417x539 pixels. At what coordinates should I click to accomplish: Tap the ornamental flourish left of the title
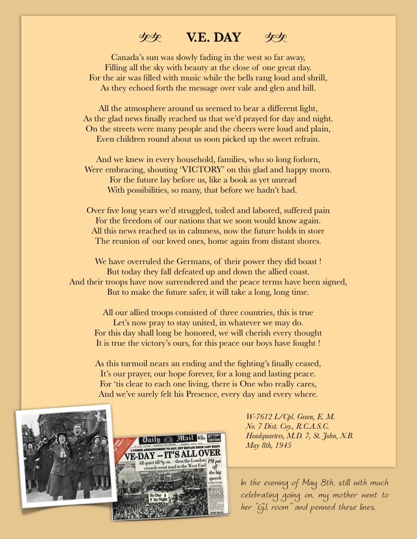click(151, 37)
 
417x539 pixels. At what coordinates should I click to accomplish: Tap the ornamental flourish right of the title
click(276, 37)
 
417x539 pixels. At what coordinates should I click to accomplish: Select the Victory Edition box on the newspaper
click(215, 437)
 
